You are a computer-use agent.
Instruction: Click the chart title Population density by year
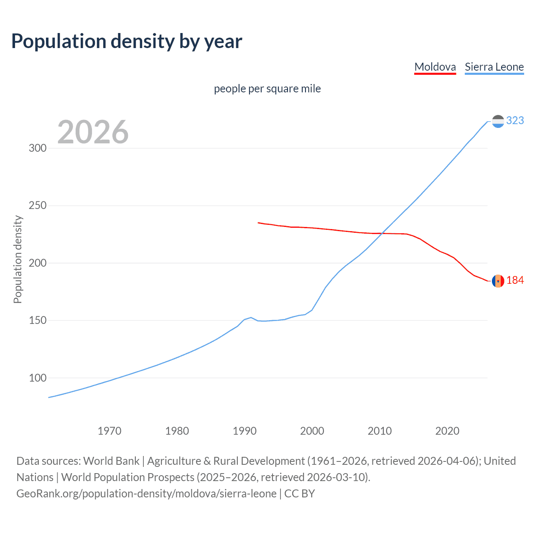click(x=127, y=41)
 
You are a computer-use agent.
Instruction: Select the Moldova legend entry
click(x=435, y=67)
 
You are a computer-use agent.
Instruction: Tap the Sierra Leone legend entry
click(x=494, y=67)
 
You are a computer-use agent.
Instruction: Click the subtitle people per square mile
click(x=267, y=89)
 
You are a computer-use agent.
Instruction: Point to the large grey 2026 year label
click(x=93, y=132)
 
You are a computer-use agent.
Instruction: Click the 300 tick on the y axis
click(x=37, y=148)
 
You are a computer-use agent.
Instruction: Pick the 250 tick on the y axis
click(x=37, y=206)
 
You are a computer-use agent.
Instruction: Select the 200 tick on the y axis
click(x=37, y=263)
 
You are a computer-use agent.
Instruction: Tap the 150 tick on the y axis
click(x=37, y=321)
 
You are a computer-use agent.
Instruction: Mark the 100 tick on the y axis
click(x=37, y=378)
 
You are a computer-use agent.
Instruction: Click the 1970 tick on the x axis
click(x=110, y=431)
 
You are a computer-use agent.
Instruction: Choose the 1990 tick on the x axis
click(x=245, y=431)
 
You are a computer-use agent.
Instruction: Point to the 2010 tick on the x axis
click(x=380, y=431)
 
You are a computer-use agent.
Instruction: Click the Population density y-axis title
click(x=18, y=259)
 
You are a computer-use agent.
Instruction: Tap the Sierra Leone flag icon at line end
click(x=498, y=121)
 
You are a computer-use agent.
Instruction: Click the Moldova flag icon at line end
click(x=498, y=281)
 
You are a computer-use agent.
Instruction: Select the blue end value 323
click(x=515, y=120)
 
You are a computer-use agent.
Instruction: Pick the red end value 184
click(x=515, y=280)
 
